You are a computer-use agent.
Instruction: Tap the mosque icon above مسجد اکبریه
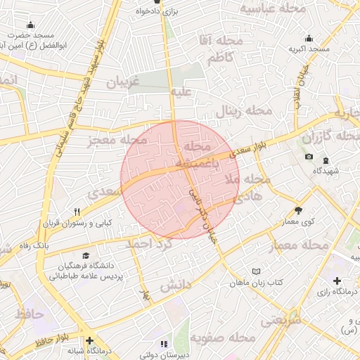click(x=309, y=39)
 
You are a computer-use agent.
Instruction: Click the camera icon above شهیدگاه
click(x=309, y=156)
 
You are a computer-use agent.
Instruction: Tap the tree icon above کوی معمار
click(x=298, y=210)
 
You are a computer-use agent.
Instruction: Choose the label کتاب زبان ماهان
click(x=257, y=282)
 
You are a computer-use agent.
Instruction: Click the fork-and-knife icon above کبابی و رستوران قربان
click(x=77, y=212)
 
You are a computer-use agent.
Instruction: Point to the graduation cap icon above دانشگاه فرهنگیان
click(x=86, y=256)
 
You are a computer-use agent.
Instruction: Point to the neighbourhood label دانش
click(x=176, y=286)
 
